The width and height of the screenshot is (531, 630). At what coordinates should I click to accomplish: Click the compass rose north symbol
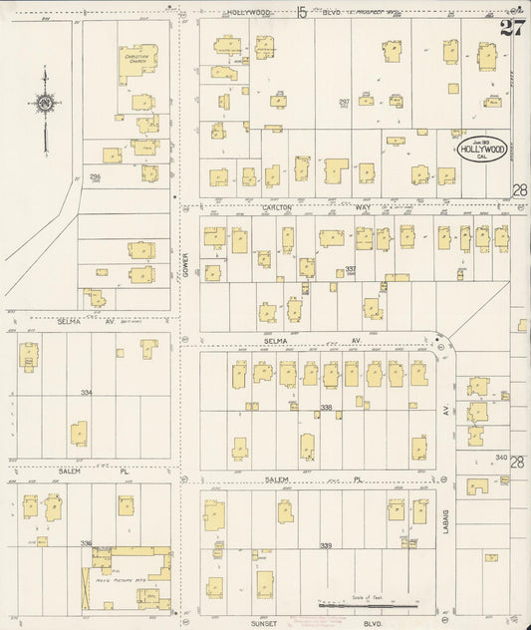pyautogui.click(x=45, y=102)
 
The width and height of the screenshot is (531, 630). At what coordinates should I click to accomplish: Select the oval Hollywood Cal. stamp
pyautogui.click(x=483, y=150)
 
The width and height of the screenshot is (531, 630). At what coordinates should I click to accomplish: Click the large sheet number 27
pyautogui.click(x=513, y=26)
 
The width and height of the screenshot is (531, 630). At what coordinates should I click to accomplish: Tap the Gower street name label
pyautogui.click(x=185, y=261)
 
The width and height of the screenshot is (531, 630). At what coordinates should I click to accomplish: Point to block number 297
pyautogui.click(x=344, y=103)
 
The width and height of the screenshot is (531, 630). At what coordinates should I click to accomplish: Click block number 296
pyautogui.click(x=96, y=176)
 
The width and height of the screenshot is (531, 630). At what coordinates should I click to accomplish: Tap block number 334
pyautogui.click(x=87, y=393)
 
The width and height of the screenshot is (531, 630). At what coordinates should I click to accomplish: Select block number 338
pyautogui.click(x=326, y=408)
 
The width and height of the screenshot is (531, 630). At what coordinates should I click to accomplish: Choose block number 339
pyautogui.click(x=326, y=545)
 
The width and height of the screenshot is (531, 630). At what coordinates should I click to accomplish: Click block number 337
pyautogui.click(x=351, y=269)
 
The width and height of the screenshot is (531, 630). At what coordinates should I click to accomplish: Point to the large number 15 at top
pyautogui.click(x=302, y=12)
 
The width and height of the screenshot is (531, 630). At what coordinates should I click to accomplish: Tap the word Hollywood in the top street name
pyautogui.click(x=248, y=12)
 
